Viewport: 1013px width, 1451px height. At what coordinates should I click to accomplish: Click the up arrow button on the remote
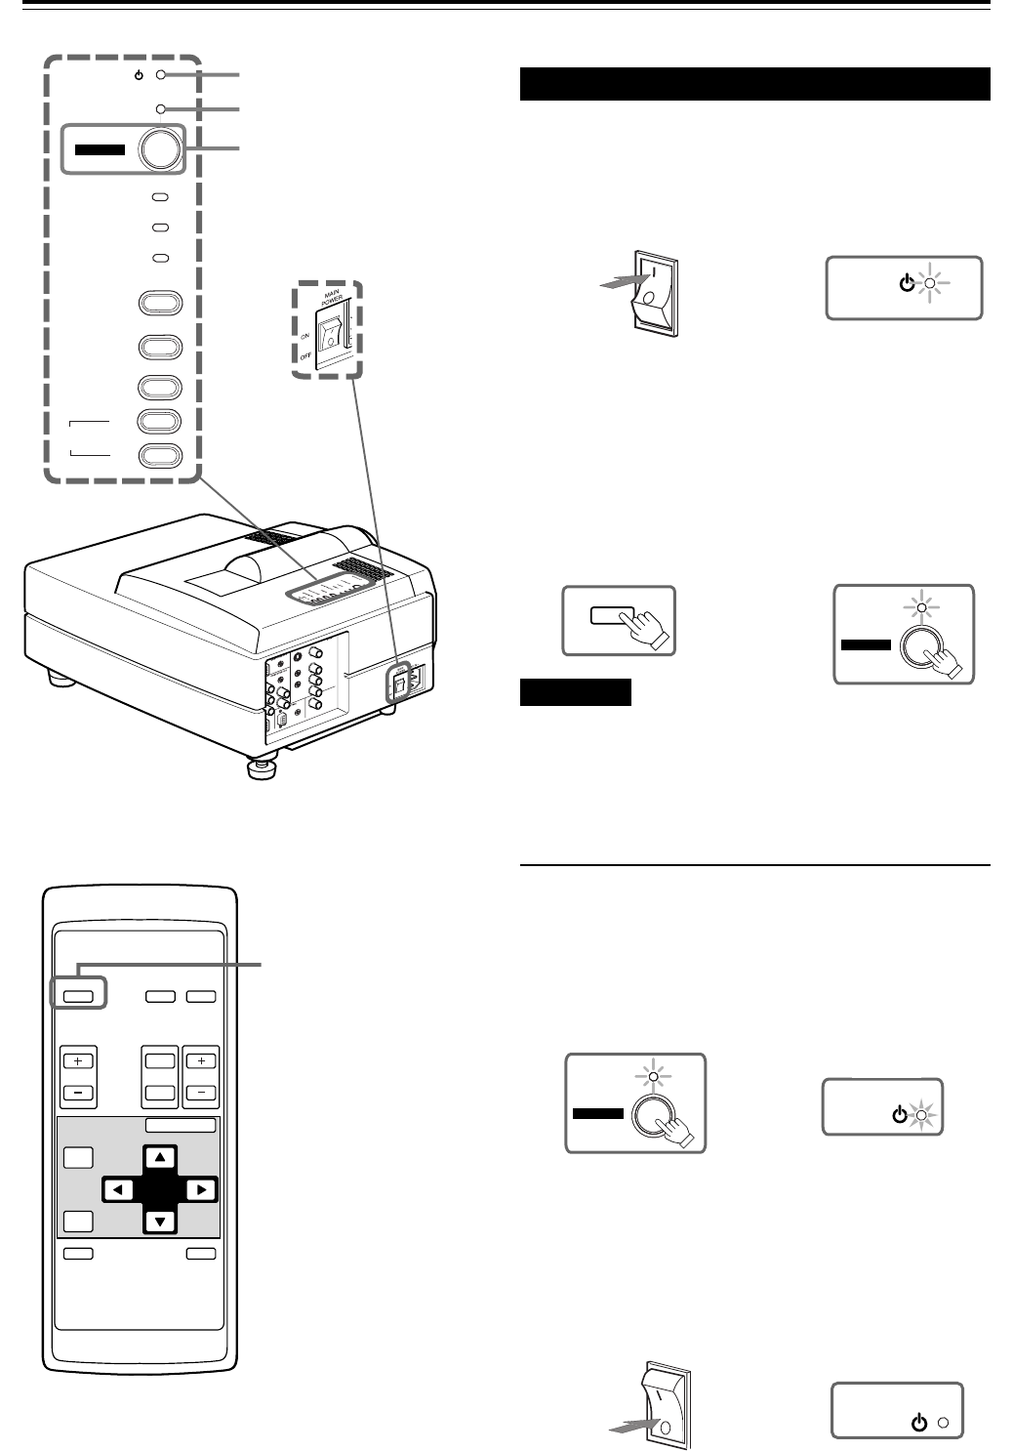click(x=161, y=1158)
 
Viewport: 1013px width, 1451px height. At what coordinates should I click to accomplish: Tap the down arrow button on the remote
click(x=161, y=1220)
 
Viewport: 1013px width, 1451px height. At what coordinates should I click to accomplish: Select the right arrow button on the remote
click(x=200, y=1189)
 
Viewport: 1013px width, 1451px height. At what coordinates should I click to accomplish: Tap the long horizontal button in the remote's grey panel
click(x=180, y=1125)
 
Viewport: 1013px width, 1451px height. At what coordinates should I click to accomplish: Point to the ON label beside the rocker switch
click(x=305, y=335)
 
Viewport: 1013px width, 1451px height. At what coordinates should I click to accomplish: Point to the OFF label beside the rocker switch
click(x=306, y=357)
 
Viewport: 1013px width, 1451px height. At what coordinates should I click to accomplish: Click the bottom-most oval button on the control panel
click(x=161, y=455)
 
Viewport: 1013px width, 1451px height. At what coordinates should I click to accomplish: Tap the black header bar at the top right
click(x=754, y=84)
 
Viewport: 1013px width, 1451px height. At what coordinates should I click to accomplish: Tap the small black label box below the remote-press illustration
click(x=576, y=692)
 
